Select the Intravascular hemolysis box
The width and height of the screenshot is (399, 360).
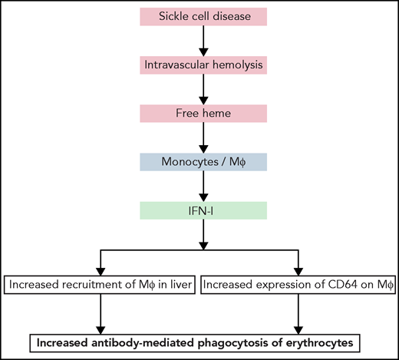(x=204, y=66)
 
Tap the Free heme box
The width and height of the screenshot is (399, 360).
(x=204, y=114)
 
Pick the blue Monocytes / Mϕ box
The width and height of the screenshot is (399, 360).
(x=204, y=161)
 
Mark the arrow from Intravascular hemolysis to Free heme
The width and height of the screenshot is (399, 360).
(x=204, y=90)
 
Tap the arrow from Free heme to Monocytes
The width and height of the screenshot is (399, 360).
(x=204, y=137)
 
